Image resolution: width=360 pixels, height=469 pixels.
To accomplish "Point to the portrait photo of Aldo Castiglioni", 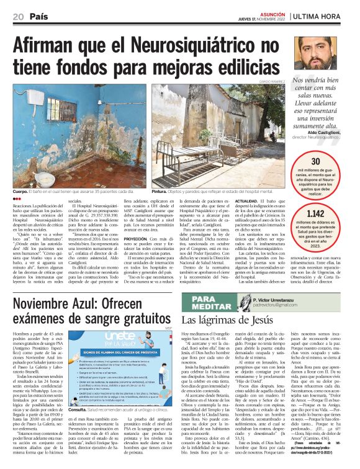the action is click(317, 51).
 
